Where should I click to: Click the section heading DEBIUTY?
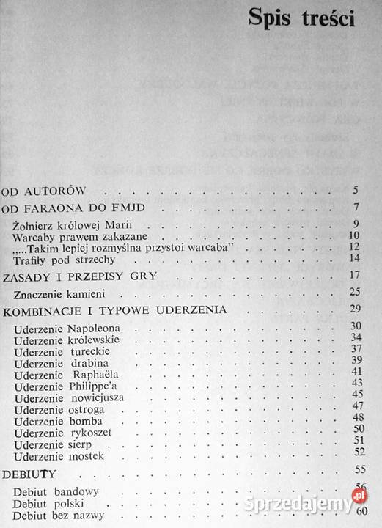point(23,474)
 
